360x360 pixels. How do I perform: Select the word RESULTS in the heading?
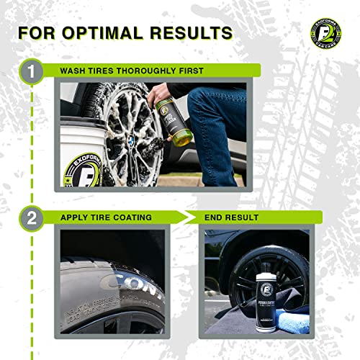[194, 32]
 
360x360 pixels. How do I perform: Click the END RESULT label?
[235, 216]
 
